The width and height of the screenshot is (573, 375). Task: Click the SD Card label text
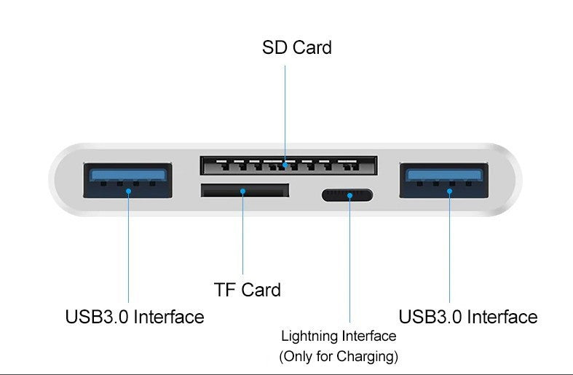pos(296,48)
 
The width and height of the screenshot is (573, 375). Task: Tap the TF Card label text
pos(248,289)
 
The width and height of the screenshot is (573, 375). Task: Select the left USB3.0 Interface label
pos(135,317)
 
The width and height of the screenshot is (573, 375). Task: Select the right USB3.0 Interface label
pos(467,317)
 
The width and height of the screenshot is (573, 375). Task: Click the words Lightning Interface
pos(339,336)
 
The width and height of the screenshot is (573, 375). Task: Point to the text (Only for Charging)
pos(339,357)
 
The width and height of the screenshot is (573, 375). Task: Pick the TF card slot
pos(245,192)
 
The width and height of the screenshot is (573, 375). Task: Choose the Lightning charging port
pos(348,195)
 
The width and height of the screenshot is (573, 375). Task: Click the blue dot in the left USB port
pos(129,192)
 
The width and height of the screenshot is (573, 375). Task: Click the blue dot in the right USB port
pos(450,192)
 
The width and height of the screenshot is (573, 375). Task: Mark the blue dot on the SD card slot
pos(285,166)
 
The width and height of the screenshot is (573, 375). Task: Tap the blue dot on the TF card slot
pos(243,192)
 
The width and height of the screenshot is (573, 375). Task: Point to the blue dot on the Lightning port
pos(349,195)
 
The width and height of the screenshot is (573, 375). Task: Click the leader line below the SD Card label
pos(285,109)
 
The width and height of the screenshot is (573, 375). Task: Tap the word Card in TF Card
pos(261,289)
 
